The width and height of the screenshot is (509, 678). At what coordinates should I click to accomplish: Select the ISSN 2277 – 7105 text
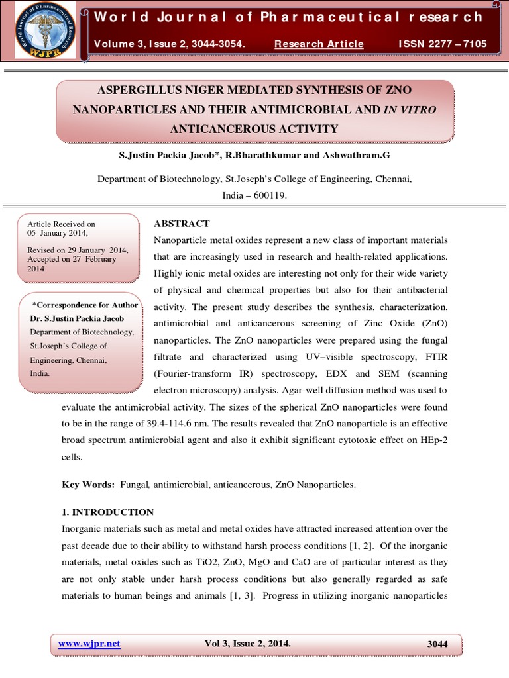pos(442,44)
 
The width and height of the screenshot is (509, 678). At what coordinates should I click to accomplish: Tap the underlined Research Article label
pos(319,44)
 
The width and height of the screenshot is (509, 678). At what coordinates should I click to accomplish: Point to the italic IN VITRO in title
pos(410,109)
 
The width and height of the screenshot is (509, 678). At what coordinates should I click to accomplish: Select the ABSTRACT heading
pos(182,224)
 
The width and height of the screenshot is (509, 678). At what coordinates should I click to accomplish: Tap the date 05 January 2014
pos(57,233)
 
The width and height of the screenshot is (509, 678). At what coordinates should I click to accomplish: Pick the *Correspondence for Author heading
pos(85,305)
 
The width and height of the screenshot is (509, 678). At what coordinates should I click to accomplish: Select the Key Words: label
pos(89,485)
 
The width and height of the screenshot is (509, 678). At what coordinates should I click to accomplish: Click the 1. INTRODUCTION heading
pos(107,512)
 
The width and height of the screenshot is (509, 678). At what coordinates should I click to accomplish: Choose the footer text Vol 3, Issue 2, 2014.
pos(248,644)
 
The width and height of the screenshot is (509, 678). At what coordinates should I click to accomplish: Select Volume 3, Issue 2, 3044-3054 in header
pos(170,44)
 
